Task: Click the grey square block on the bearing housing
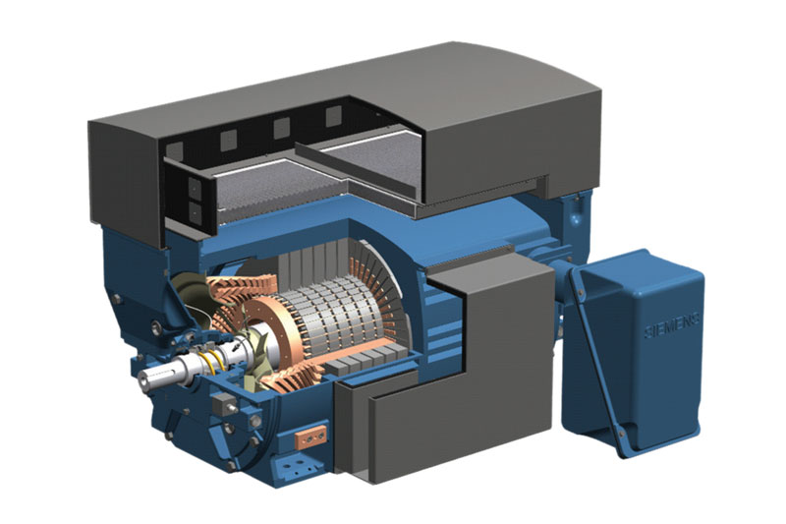point(223,400)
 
